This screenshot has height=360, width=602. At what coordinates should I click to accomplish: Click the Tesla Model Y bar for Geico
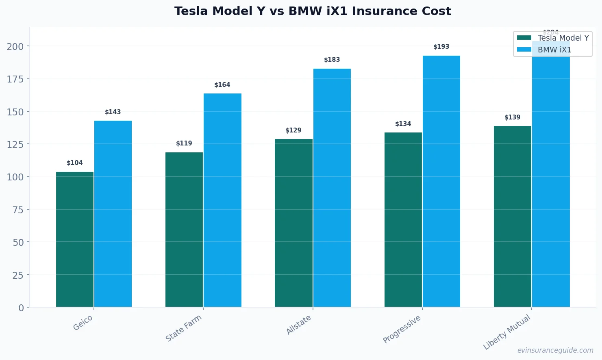click(x=75, y=239)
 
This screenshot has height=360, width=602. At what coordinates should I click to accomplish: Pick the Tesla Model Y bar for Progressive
click(x=403, y=219)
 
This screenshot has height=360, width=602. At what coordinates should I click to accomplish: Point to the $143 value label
click(x=113, y=112)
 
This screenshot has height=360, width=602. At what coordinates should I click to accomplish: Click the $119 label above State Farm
click(x=184, y=143)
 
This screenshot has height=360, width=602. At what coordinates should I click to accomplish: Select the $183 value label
click(x=332, y=60)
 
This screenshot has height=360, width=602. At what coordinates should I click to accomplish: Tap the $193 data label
click(x=441, y=47)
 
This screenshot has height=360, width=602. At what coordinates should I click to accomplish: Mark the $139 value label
click(x=512, y=117)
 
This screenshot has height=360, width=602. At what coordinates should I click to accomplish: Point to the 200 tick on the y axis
click(x=15, y=47)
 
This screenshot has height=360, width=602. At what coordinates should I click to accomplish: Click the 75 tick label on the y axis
click(x=18, y=210)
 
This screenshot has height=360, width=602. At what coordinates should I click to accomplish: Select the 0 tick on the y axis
click(x=21, y=308)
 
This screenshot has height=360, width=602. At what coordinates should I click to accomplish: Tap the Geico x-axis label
click(x=83, y=323)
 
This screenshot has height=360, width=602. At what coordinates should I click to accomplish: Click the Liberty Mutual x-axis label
click(x=507, y=332)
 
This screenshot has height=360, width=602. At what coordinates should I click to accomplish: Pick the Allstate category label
click(x=299, y=325)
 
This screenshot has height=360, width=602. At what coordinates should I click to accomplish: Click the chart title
click(x=313, y=11)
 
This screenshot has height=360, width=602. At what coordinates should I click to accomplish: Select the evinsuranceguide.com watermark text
click(x=555, y=350)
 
